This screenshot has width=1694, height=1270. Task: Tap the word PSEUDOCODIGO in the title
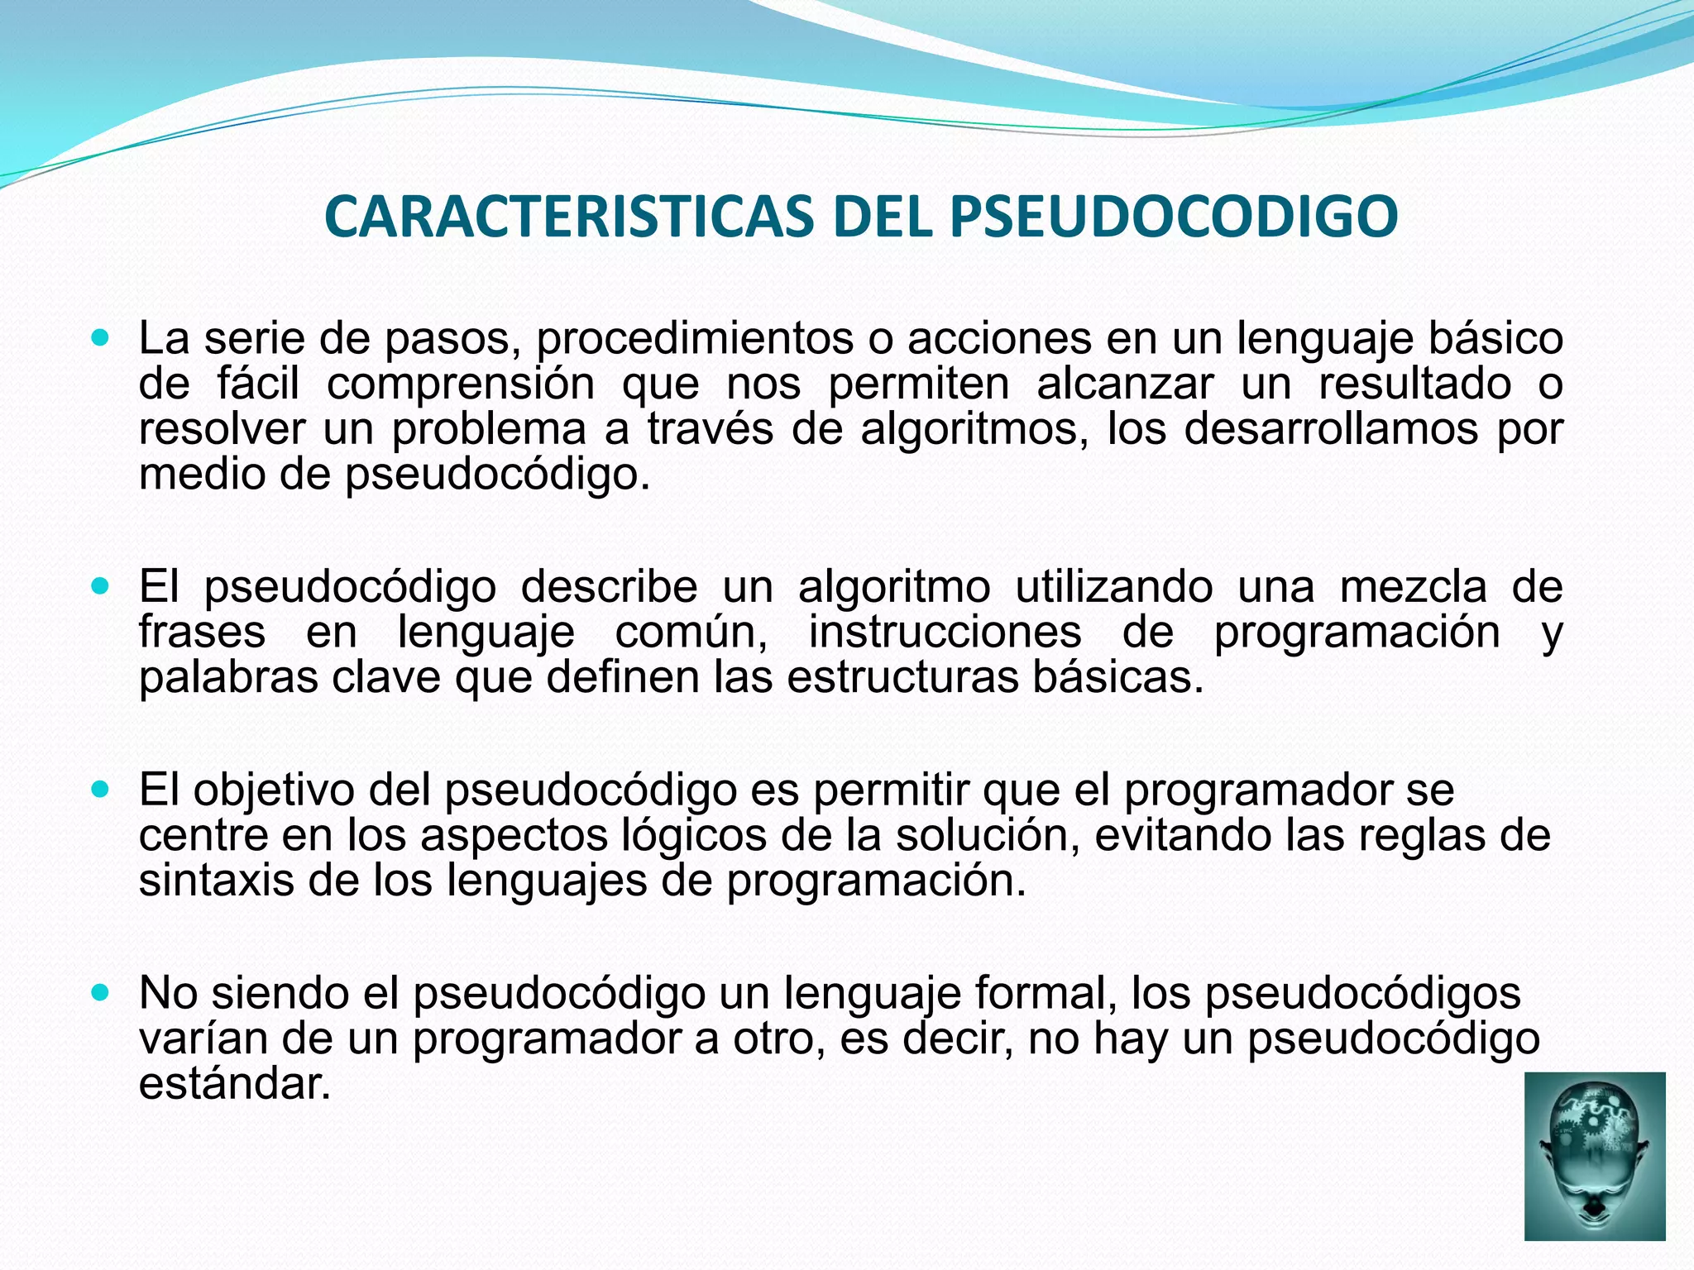(1173, 217)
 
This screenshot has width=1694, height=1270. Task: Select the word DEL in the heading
(884, 217)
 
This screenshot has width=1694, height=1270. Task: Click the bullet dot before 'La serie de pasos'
(101, 337)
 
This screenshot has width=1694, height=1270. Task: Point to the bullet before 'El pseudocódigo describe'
(101, 587)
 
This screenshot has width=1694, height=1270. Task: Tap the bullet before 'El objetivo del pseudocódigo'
(101, 790)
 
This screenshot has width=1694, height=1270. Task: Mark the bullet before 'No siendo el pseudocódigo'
(101, 993)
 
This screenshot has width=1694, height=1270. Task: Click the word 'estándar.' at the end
(235, 1083)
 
